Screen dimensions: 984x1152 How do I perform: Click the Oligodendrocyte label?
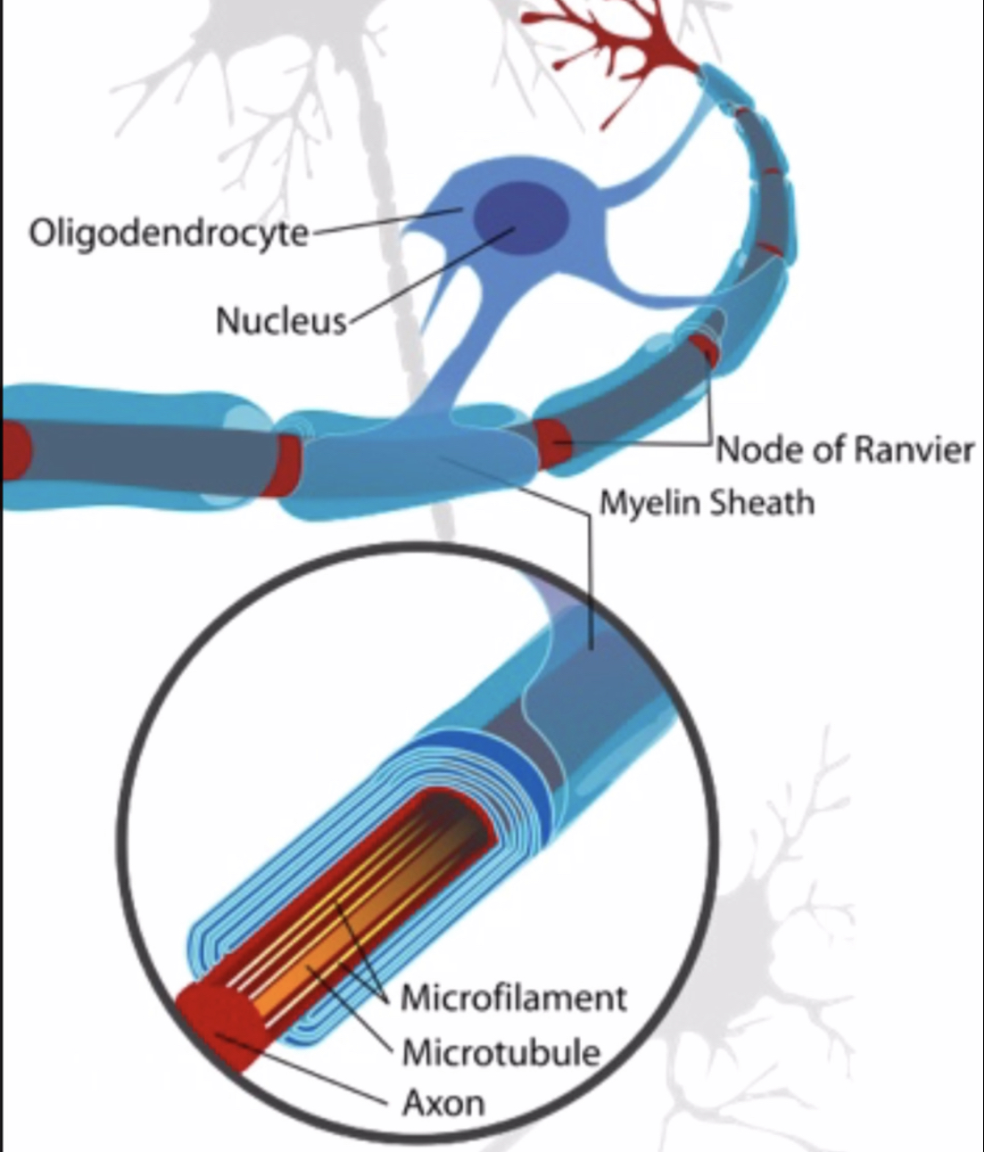(169, 233)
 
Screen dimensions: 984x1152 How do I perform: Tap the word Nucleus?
(282, 322)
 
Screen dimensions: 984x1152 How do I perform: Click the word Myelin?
(650, 504)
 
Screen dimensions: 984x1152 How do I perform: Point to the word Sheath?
(762, 502)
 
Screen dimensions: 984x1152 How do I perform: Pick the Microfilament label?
(514, 998)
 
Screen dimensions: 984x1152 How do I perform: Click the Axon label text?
(443, 1102)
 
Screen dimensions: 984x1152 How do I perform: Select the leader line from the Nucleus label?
(430, 275)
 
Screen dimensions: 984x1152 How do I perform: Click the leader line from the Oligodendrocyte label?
(385, 221)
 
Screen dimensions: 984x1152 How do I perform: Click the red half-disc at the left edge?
(15, 449)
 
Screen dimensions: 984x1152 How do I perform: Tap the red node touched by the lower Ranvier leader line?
(553, 444)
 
